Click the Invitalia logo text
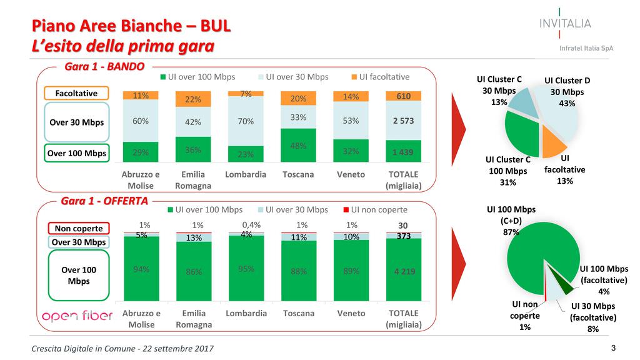pyautogui.click(x=564, y=24)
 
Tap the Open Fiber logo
pyautogui.click(x=76, y=316)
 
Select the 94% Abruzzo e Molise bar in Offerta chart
pyautogui.click(x=141, y=269)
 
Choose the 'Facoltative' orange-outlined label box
pyautogui.click(x=76, y=93)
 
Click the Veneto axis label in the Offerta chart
pyautogui.click(x=351, y=313)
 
